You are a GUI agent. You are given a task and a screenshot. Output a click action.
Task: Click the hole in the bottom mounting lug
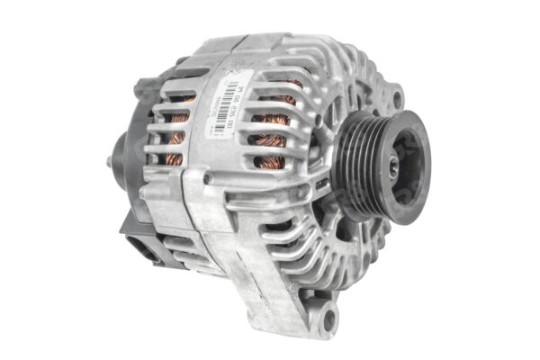tap(328, 317)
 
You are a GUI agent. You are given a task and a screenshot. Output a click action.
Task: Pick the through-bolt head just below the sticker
tap(209, 178)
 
